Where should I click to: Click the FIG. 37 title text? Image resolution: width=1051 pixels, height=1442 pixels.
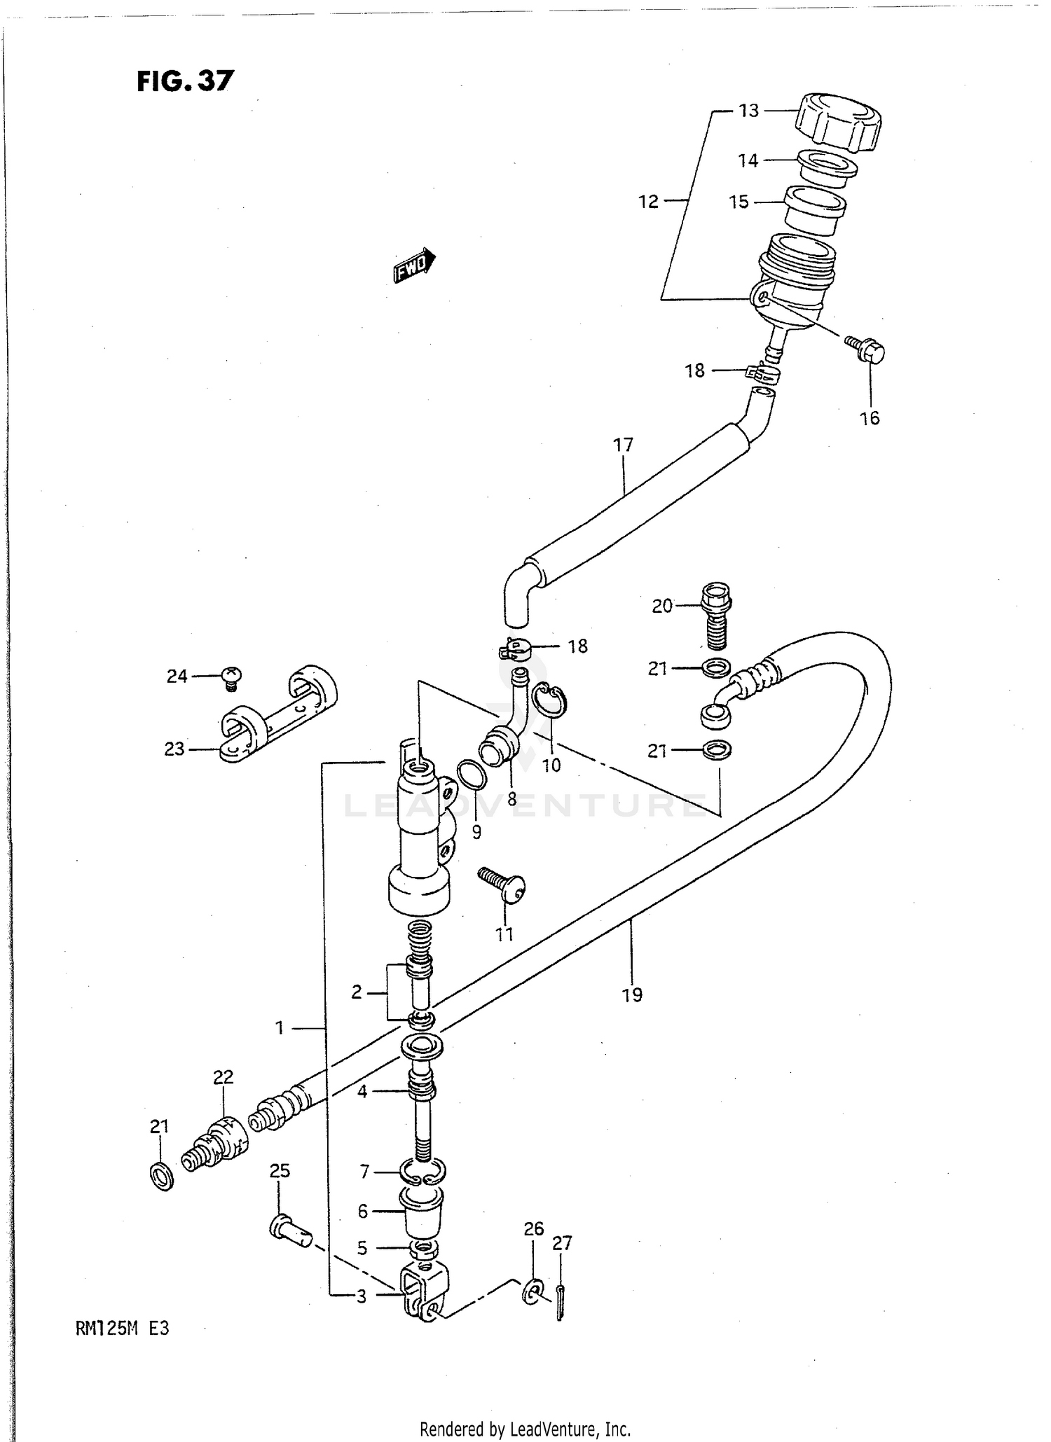pos(185,81)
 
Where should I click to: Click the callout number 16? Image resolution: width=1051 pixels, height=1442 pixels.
pos(869,418)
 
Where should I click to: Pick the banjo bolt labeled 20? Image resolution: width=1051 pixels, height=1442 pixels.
pos(715,613)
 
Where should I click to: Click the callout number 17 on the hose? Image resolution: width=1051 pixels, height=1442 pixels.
pos(623,445)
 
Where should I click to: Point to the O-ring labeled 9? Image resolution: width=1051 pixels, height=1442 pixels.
pos(471,775)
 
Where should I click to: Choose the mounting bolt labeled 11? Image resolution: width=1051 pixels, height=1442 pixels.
pos(503,884)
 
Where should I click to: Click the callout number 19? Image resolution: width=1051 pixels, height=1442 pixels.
pos(632,995)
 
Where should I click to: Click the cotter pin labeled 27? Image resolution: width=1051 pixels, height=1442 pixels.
pos(560,1302)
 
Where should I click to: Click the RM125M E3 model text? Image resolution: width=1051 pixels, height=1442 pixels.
pos(122,1329)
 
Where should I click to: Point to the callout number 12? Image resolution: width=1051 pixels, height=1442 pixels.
pos(648,202)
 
